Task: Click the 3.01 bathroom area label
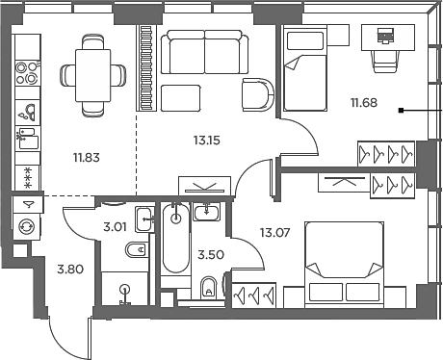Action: (116, 228)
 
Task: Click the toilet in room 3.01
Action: (136, 252)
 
